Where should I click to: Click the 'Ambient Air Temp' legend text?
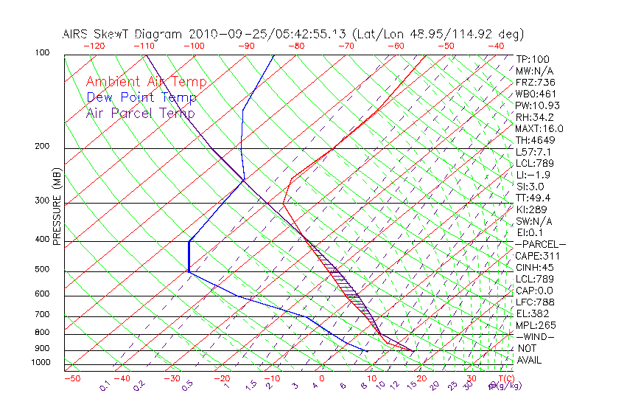click(x=146, y=82)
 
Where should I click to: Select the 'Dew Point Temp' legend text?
click(x=141, y=97)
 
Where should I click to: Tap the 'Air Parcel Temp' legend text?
click(x=140, y=113)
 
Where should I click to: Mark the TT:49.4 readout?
click(x=533, y=198)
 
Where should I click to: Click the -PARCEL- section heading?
click(x=540, y=244)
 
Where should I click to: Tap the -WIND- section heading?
click(x=535, y=336)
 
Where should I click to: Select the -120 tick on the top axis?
click(x=94, y=46)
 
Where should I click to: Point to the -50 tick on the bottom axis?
click(x=71, y=379)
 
